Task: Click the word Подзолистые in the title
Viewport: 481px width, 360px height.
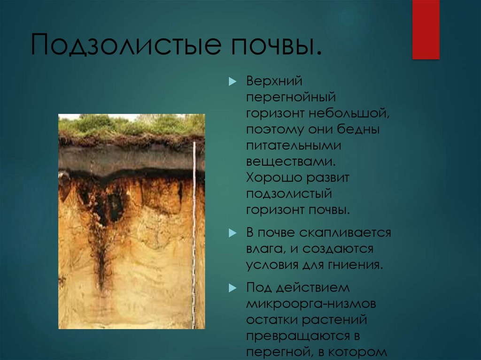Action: [x=126, y=45]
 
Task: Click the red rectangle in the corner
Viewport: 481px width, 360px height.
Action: [x=426, y=30]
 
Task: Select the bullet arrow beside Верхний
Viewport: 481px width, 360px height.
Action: [x=233, y=81]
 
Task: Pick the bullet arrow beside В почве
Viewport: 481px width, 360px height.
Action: [x=233, y=233]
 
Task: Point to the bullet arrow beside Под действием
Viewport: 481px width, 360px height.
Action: [x=233, y=288]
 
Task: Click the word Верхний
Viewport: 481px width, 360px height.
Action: [x=274, y=81]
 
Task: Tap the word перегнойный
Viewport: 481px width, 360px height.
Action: [x=291, y=98]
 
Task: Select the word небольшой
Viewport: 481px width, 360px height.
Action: [x=349, y=113]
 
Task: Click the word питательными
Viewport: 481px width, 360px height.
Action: [x=294, y=146]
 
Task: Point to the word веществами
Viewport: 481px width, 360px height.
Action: [x=291, y=161]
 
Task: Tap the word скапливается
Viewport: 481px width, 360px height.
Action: [x=345, y=233]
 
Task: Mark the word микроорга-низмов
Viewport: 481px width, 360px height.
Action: [x=311, y=304]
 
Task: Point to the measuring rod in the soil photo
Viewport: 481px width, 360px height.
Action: [x=194, y=235]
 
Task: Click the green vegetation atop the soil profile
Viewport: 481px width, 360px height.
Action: [x=132, y=124]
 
